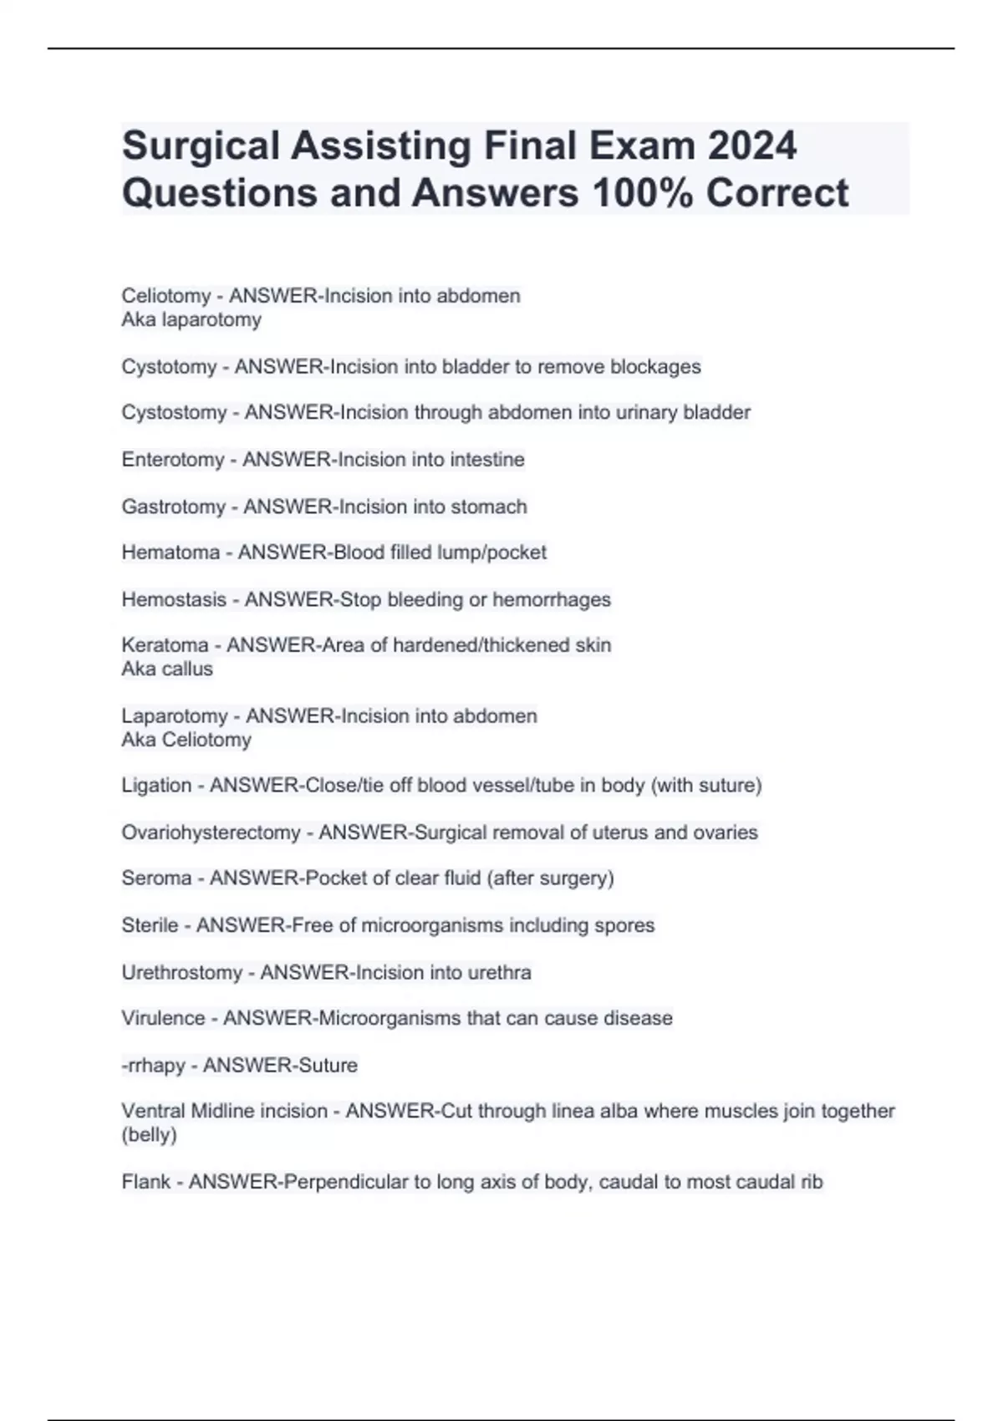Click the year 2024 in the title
751,146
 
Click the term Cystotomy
169,367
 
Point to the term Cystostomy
174,413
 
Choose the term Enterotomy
173,460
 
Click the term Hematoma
171,553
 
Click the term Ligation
156,786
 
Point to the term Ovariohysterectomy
211,833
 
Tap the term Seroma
156,879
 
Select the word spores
624,925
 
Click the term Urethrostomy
181,973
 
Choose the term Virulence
163,1018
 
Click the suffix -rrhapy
154,1066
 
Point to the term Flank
146,1182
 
